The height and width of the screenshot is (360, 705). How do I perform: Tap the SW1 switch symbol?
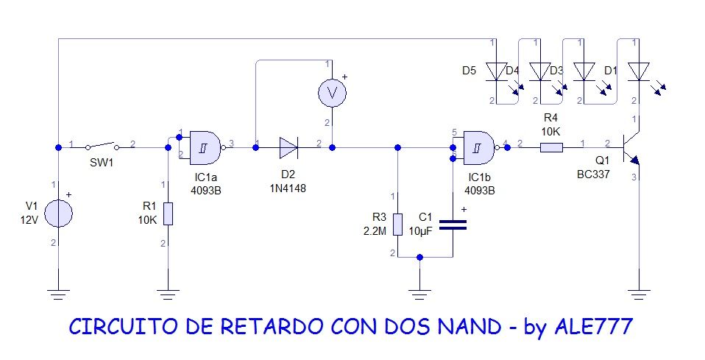point(102,147)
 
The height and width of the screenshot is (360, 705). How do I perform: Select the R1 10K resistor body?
point(169,213)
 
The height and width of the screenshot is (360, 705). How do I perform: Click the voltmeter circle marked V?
point(331,92)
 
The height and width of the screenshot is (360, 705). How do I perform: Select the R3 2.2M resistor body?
point(397,224)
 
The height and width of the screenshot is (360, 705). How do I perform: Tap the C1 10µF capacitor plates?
point(452,225)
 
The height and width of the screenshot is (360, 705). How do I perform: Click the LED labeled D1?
point(639,71)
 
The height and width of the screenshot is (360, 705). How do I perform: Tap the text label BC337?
point(593,174)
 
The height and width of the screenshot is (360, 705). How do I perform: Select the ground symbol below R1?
point(169,295)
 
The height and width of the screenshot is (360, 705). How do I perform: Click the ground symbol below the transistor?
point(639,295)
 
